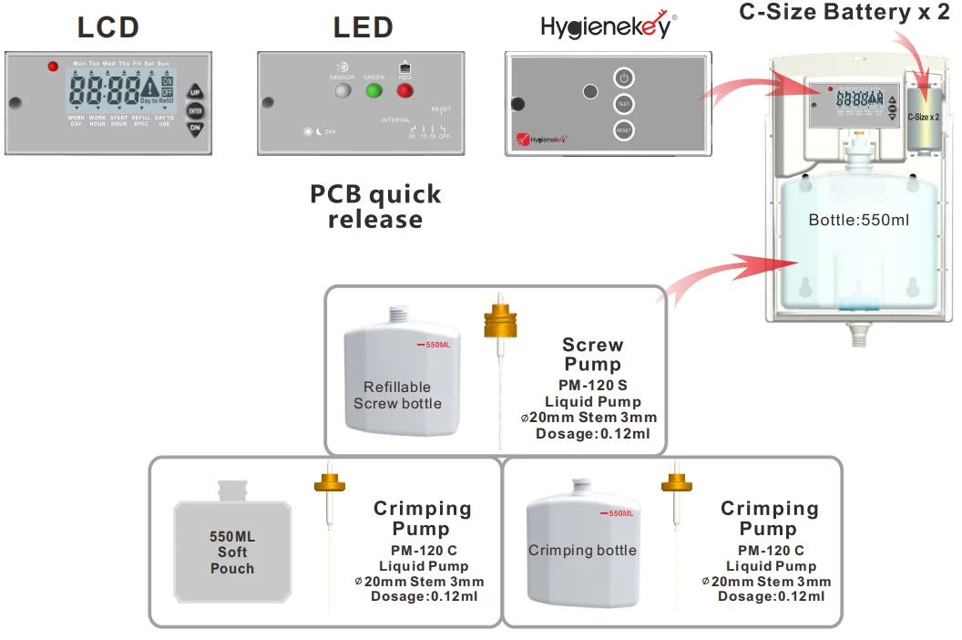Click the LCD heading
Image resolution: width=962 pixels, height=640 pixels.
[107, 27]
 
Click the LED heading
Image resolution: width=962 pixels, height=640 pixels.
[363, 27]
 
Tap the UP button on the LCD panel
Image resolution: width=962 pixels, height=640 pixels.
[195, 92]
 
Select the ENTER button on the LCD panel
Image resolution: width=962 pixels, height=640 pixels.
[195, 110]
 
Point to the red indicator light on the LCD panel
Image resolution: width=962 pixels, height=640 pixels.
[52, 67]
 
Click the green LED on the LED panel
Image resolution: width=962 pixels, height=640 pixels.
[374, 90]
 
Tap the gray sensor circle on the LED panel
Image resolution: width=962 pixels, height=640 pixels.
[343, 90]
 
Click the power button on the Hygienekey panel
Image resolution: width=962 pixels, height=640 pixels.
[624, 77]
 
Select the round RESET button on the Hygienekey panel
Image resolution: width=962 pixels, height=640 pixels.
[624, 130]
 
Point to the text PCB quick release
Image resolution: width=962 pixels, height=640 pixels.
[375, 207]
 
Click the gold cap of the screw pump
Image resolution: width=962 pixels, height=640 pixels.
[499, 321]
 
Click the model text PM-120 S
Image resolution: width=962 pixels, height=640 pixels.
[592, 386]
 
